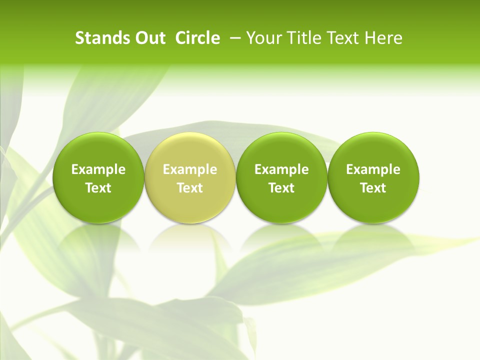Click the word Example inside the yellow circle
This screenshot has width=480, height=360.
click(x=190, y=169)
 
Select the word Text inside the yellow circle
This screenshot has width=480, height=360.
click(x=190, y=188)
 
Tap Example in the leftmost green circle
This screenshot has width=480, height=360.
click(x=98, y=169)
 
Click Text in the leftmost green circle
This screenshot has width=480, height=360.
click(x=98, y=188)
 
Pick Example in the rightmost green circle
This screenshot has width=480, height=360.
click(x=373, y=169)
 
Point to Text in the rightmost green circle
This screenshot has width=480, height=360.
click(x=373, y=188)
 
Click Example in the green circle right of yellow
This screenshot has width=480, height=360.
click(x=281, y=169)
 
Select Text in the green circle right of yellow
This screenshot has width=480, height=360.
click(x=281, y=188)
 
